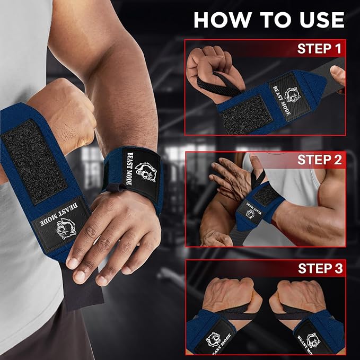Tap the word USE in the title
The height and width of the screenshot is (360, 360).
[322, 20]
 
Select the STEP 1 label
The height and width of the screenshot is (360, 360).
[319, 49]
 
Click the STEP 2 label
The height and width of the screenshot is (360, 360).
[320, 160]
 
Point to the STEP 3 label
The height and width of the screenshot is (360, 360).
[320, 268]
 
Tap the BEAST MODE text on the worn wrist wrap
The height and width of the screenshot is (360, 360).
[129, 169]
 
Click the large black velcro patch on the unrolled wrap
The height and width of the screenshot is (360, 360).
[34, 161]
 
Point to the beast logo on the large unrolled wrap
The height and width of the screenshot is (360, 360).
[66, 229]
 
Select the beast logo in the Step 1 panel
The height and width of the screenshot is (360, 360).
[292, 95]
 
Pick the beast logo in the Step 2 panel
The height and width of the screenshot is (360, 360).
[250, 214]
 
